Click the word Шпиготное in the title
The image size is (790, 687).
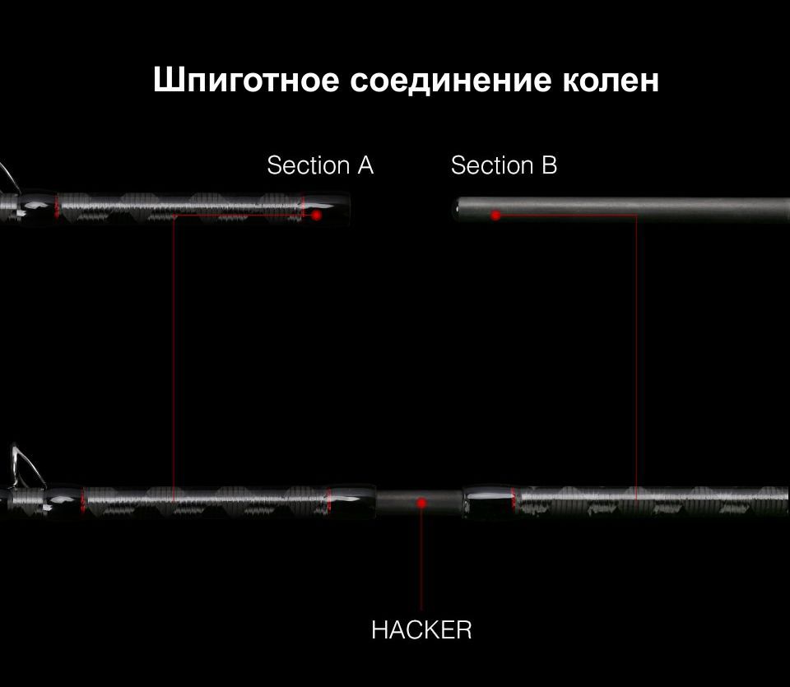coord(246,81)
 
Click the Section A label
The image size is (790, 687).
coord(320,165)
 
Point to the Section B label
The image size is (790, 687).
coord(504,165)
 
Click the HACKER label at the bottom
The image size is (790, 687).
coord(421,630)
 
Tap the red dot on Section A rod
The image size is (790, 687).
coord(316,215)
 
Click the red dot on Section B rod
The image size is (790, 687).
coord(495,216)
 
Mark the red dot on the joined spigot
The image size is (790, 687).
coord(421,503)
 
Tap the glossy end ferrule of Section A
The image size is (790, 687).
coord(327,208)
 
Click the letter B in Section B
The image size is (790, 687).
coord(550,165)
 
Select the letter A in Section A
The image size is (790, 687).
coord(365,165)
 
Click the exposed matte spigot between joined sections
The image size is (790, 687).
coord(419,502)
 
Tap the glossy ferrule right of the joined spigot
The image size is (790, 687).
coord(489,502)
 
